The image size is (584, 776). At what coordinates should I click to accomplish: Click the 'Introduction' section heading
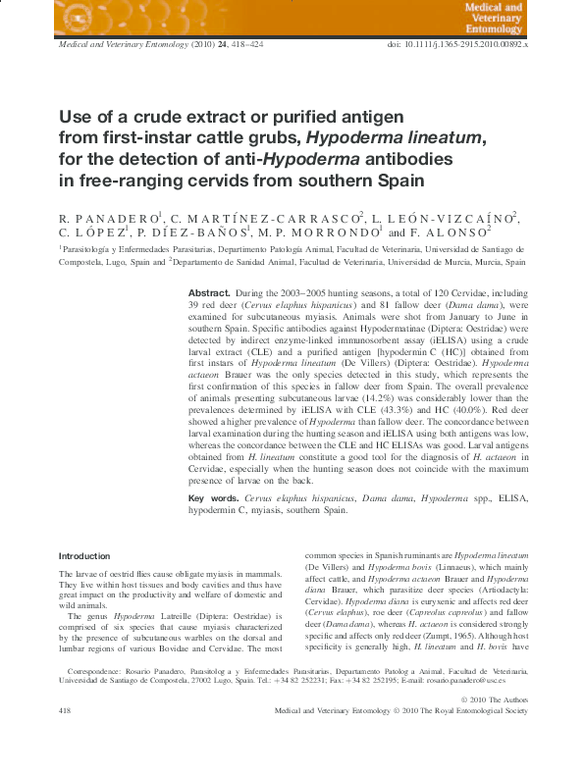point(84,556)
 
